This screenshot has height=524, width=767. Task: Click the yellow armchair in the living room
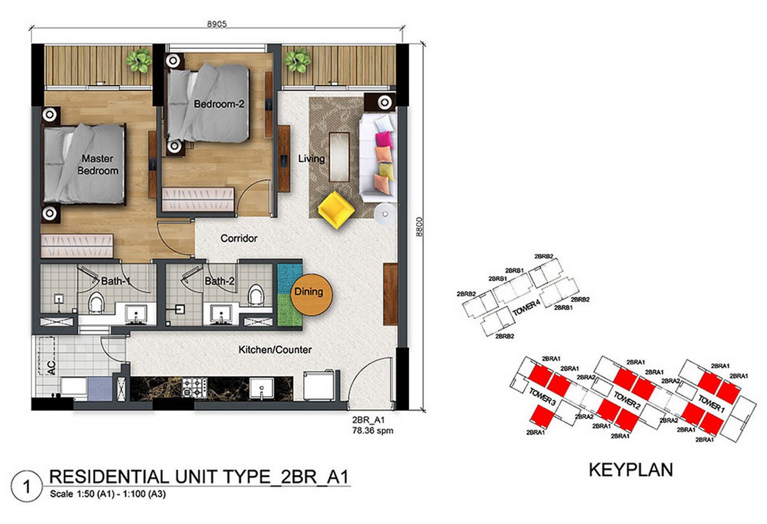point(336,210)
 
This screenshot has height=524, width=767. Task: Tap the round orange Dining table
point(312,294)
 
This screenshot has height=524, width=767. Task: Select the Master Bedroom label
point(97,165)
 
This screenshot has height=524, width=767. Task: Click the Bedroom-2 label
point(219,104)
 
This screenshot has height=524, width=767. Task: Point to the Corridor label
point(239,238)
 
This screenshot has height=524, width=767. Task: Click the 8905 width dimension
point(217,24)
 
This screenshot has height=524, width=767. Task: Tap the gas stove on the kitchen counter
point(195,388)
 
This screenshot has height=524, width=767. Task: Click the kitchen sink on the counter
point(261,388)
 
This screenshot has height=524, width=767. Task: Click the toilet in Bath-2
point(255,294)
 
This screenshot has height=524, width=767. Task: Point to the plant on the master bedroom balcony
point(139,61)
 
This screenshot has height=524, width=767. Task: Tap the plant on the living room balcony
point(297,60)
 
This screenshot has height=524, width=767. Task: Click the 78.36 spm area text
point(372,431)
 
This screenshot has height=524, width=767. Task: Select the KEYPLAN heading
point(631,470)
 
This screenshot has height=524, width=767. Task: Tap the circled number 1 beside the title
point(27,487)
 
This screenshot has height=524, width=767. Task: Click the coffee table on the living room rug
point(339,157)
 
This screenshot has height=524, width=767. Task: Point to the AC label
point(51,367)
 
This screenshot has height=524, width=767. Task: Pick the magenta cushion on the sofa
point(384,139)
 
